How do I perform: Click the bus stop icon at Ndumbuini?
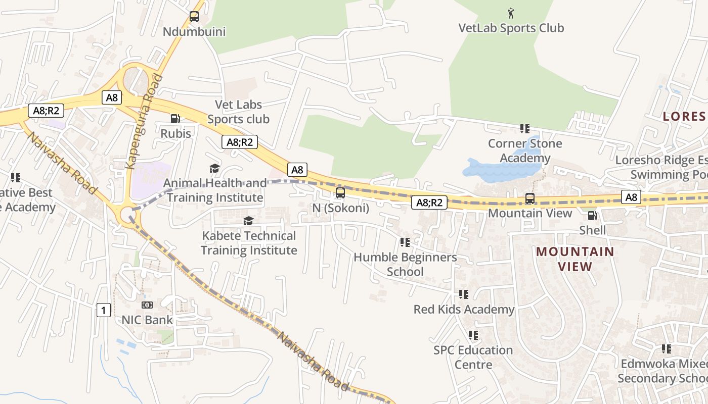coord(194,17)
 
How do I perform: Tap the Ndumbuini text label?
coord(194,32)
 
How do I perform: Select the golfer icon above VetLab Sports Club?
coord(511,12)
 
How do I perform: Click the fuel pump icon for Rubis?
coord(175,119)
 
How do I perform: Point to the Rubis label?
coord(175,134)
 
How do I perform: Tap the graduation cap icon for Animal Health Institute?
coord(215,168)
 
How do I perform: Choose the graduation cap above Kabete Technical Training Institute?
coord(248,221)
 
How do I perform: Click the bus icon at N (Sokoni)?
coord(340,192)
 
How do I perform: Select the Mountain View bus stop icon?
coord(529,198)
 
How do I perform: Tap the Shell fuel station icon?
coord(592,216)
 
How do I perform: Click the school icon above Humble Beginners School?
coord(405,242)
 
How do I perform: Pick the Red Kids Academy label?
coord(464,309)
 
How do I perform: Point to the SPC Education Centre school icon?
coord(473,335)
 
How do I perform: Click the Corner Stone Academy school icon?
coord(525,129)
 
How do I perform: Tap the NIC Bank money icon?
coord(147,305)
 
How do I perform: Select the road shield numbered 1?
coord(103,310)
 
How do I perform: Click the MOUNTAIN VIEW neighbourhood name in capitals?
coord(575,259)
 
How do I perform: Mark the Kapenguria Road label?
coord(144,121)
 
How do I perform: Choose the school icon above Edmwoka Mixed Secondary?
coord(667,348)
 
